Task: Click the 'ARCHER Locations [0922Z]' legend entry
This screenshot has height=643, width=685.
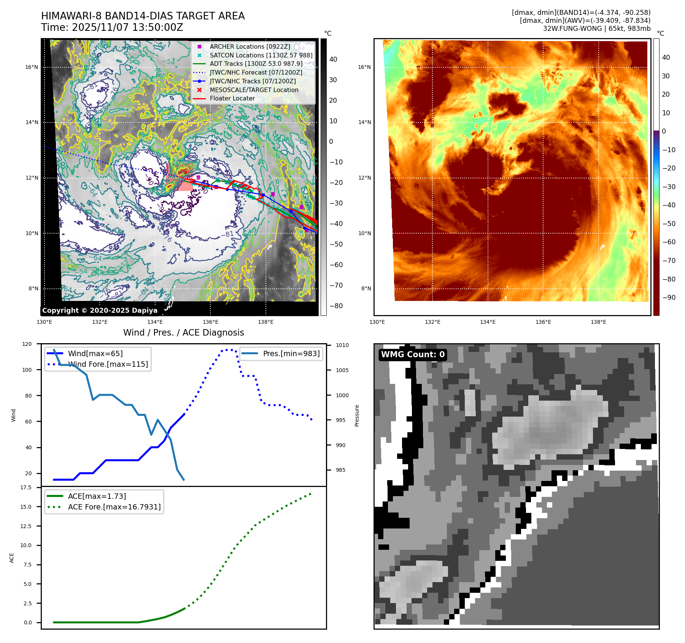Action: (x=250, y=46)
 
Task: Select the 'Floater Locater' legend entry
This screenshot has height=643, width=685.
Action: (x=232, y=98)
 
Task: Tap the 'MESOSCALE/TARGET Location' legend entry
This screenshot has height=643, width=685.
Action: (x=254, y=90)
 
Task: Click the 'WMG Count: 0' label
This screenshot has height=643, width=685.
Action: (x=413, y=355)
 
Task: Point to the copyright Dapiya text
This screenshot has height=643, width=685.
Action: (x=100, y=310)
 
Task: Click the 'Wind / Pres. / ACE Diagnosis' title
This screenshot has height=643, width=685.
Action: (x=183, y=333)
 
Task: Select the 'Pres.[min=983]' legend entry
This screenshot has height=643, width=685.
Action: (x=291, y=353)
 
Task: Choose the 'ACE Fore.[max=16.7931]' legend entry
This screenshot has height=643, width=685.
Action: (x=114, y=507)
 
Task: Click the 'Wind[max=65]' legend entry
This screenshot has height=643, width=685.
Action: (x=95, y=353)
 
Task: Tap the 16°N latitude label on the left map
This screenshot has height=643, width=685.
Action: (x=32, y=67)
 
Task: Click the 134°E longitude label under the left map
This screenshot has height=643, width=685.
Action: (x=155, y=322)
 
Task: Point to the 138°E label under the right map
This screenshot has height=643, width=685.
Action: (x=598, y=322)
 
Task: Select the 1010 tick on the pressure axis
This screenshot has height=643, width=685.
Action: (x=342, y=345)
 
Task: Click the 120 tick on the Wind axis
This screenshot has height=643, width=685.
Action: (x=27, y=344)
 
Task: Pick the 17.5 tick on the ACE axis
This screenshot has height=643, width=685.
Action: (x=26, y=487)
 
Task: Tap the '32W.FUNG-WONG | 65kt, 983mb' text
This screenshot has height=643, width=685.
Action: (x=596, y=29)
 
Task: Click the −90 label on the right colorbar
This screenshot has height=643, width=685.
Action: (x=669, y=298)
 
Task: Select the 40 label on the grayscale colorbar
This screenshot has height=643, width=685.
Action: (x=333, y=59)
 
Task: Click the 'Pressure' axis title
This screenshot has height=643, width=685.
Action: (x=357, y=415)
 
